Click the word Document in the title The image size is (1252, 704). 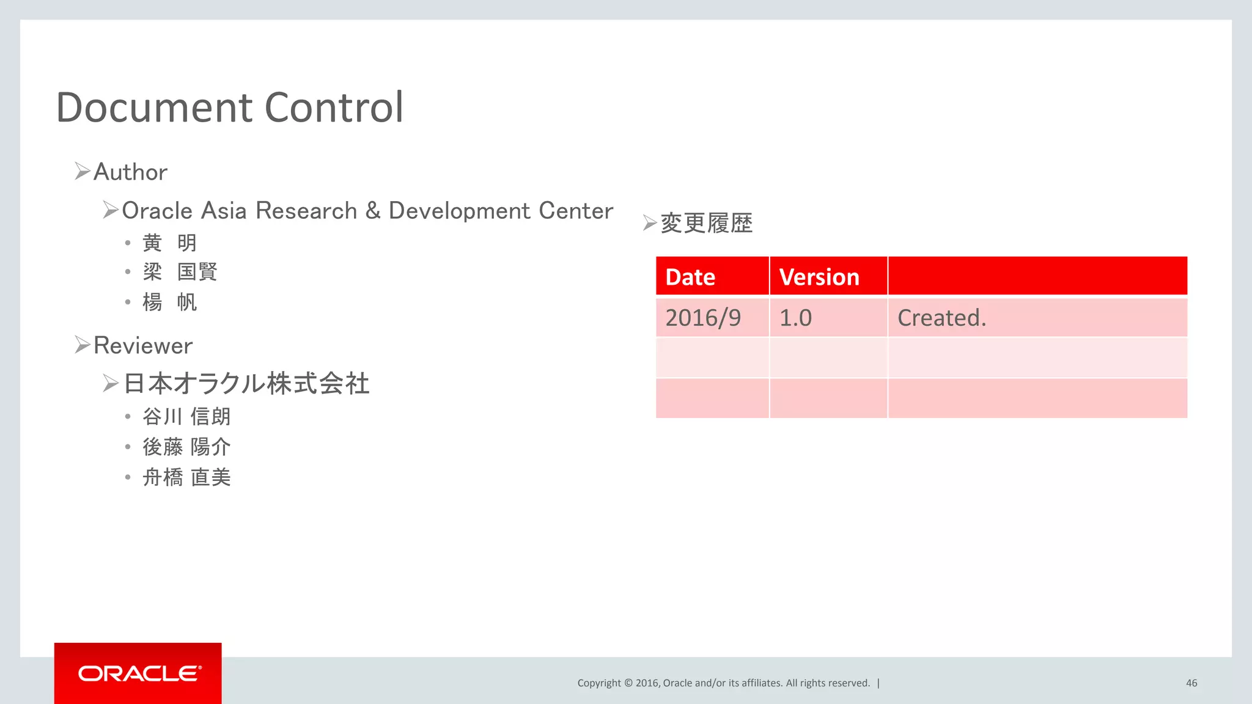pyautogui.click(x=154, y=108)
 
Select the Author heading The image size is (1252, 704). pyautogui.click(x=130, y=172)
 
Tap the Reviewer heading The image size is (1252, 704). pyautogui.click(x=143, y=346)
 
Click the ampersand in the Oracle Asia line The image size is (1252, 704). pyautogui.click(x=373, y=210)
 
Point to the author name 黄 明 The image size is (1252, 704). pyautogui.click(x=169, y=243)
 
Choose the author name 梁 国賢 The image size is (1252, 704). pyautogui.click(x=180, y=272)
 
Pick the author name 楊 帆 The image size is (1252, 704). pyautogui.click(x=169, y=302)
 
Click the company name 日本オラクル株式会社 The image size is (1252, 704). pyautogui.click(x=246, y=384)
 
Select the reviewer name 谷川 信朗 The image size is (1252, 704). pyautogui.click(x=186, y=417)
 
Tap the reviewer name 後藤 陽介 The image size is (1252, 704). pyautogui.click(x=186, y=447)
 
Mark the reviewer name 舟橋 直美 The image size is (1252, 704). pyautogui.click(x=186, y=477)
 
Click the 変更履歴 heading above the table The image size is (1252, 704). pyautogui.click(x=706, y=223)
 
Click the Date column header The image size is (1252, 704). pyautogui.click(x=690, y=277)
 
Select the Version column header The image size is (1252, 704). pyautogui.click(x=819, y=277)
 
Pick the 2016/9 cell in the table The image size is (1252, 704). pyautogui.click(x=703, y=318)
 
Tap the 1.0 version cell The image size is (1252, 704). pyautogui.click(x=795, y=318)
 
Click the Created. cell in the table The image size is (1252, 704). pyautogui.click(x=941, y=318)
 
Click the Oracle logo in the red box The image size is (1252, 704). pyautogui.click(x=139, y=673)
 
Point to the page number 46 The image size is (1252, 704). pyautogui.click(x=1191, y=683)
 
